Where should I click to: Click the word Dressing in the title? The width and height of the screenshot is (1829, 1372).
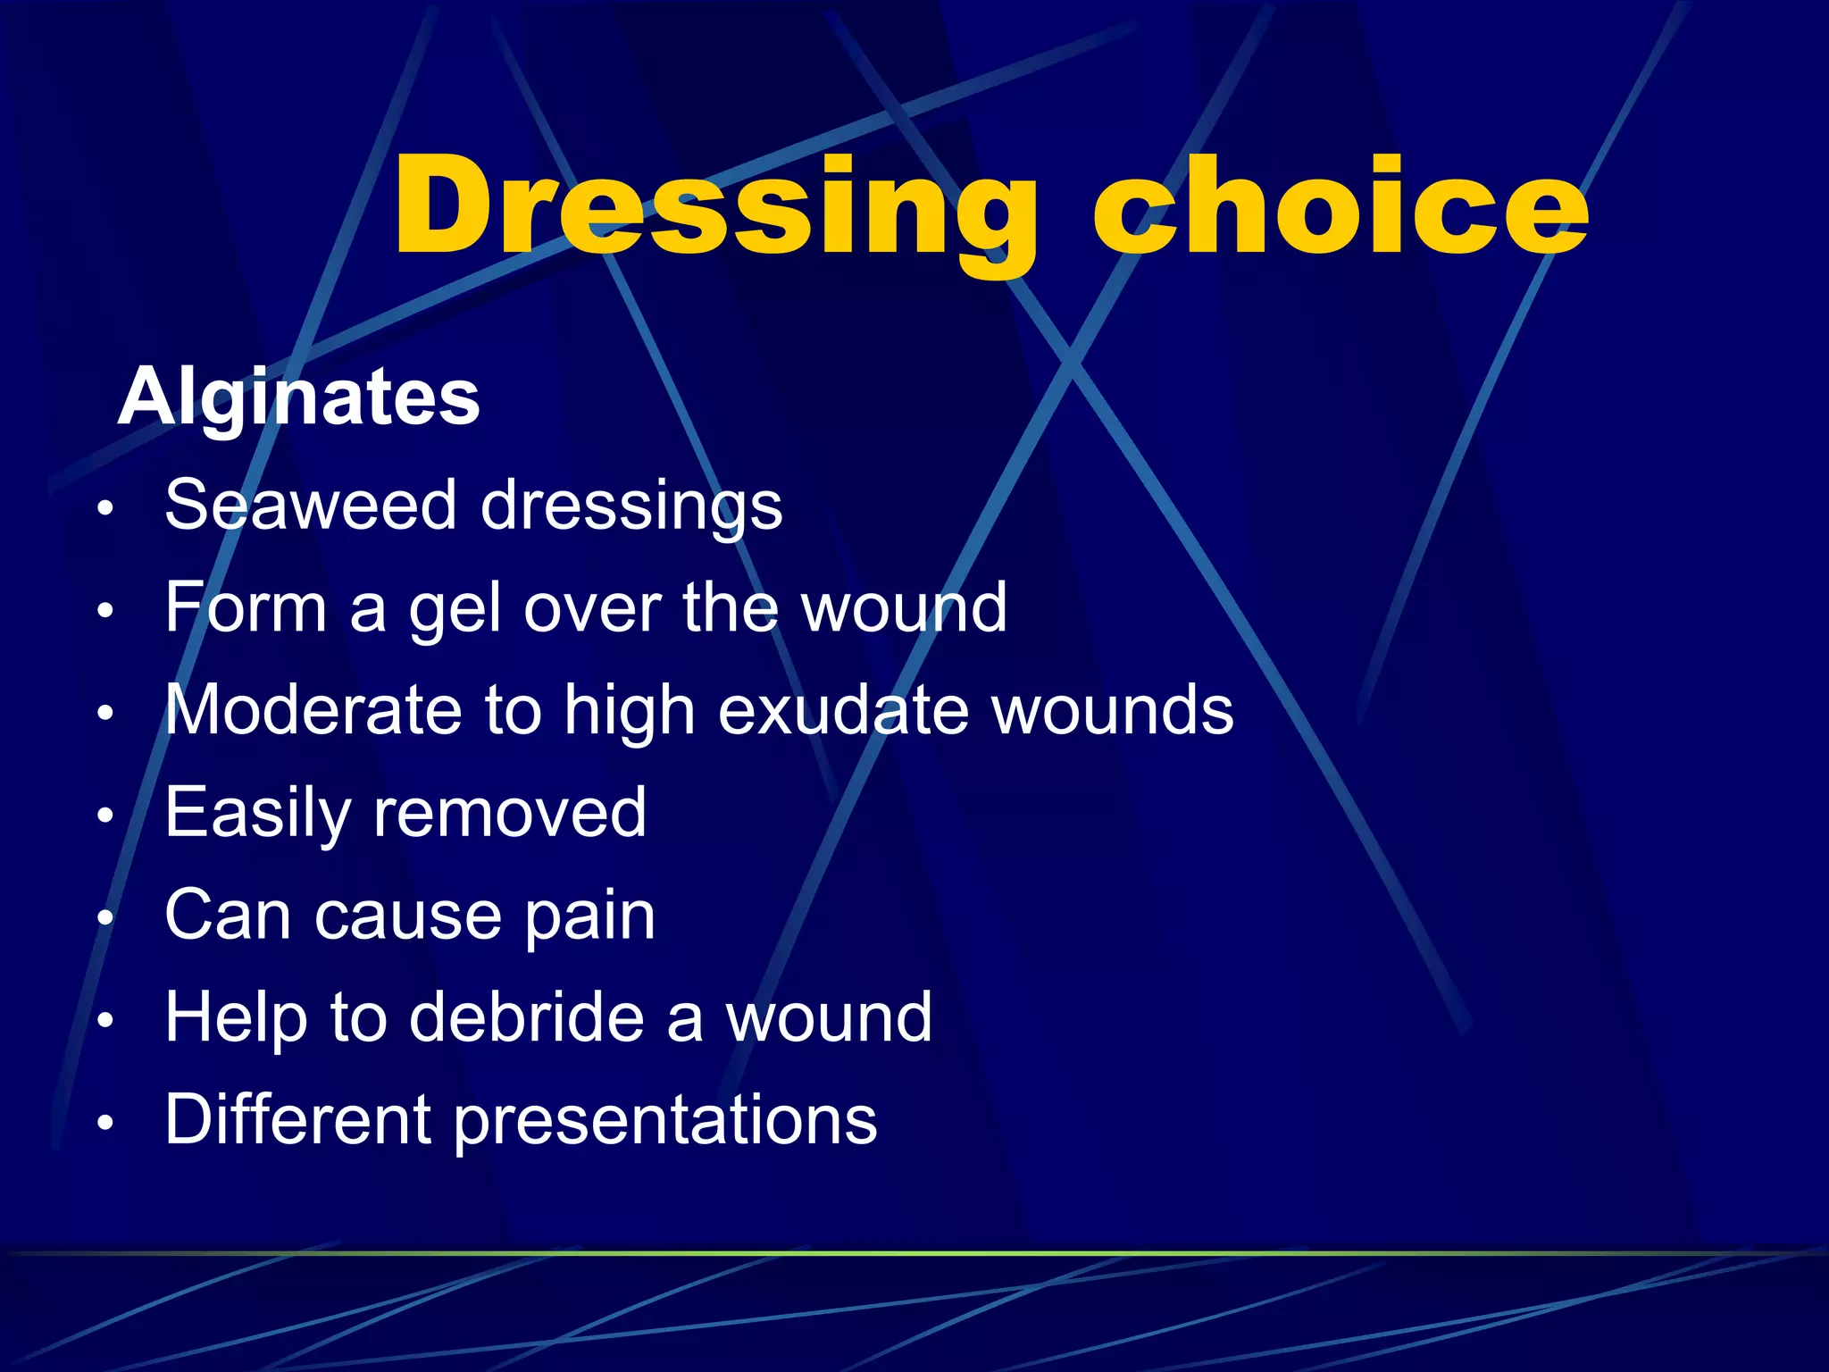pos(714,207)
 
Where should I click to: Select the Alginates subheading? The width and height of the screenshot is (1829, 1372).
pos(299,397)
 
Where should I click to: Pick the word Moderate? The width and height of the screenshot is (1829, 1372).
pos(313,711)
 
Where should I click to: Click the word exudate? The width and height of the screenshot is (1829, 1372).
pos(843,711)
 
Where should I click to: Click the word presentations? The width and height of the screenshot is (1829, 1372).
pos(665,1121)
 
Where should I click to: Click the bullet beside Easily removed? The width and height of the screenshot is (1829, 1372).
pos(106,816)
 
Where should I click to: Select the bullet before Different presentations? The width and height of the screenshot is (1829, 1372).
pos(106,1123)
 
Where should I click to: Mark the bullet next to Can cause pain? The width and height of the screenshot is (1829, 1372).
pos(106,918)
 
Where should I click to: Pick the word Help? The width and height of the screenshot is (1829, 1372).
pos(236,1019)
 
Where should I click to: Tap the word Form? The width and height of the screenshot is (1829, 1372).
pos(246,607)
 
